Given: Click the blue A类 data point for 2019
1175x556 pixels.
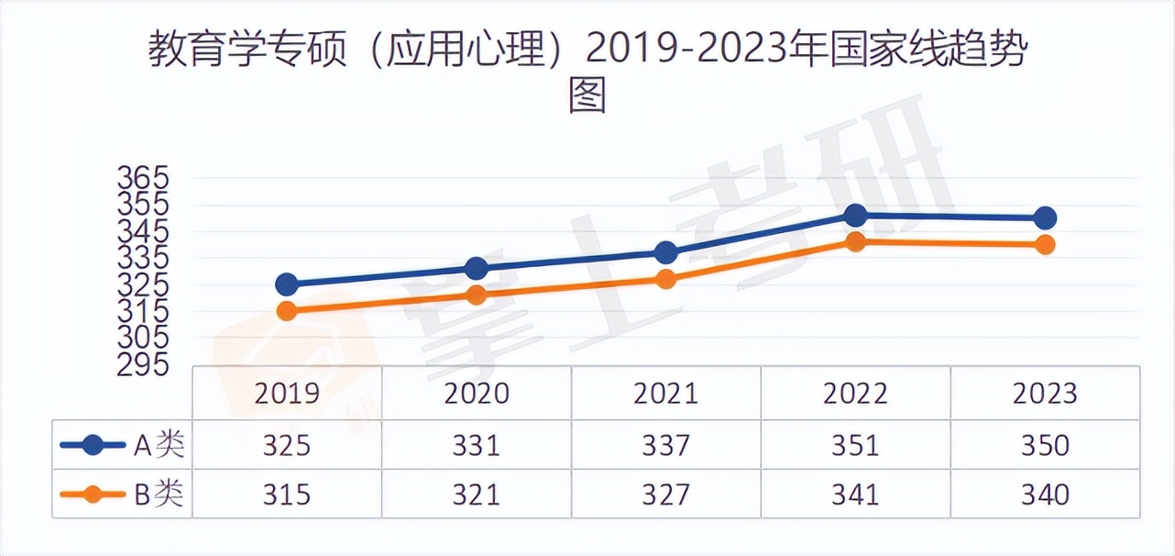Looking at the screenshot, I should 287,284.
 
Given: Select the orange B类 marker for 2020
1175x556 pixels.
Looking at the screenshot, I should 477,295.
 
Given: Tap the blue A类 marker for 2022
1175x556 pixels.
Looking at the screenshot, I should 855,216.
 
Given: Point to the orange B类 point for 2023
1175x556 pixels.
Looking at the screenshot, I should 1045,245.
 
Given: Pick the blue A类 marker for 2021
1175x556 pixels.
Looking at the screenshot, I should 665,252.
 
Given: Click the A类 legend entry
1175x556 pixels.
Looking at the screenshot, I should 122,446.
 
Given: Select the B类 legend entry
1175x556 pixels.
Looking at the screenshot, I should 122,495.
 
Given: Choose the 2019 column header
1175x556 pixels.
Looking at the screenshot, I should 287,394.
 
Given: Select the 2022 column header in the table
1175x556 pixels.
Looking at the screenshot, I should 855,394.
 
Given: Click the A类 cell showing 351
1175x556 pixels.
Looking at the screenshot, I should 855,446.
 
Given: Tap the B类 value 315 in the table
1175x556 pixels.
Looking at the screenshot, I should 287,495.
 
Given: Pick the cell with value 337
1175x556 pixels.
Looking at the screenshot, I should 665,446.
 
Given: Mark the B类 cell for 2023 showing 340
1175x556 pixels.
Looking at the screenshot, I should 1045,495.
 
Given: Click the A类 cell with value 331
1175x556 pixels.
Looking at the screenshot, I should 477,446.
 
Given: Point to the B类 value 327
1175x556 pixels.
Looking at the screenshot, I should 665,495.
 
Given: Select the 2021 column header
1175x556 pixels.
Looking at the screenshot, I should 665,394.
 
